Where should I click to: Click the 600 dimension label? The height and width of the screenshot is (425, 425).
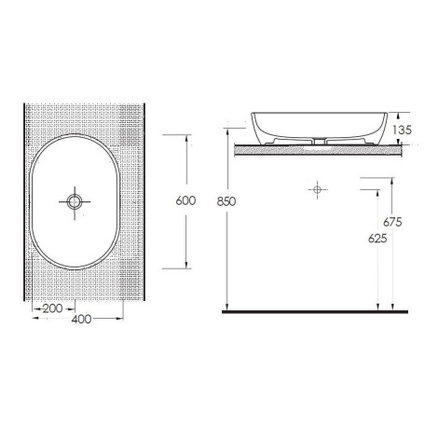click(185, 200)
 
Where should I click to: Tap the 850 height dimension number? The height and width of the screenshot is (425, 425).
click(226, 201)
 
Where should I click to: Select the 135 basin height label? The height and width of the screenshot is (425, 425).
click(402, 130)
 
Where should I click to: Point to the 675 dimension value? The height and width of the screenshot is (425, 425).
click(392, 222)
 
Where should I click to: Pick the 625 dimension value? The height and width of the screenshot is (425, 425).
click(377, 239)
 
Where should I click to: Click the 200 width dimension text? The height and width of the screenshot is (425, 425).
click(53, 308)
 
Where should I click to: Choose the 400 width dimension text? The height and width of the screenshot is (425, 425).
click(81, 319)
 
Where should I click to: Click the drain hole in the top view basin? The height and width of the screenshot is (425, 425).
click(75, 201)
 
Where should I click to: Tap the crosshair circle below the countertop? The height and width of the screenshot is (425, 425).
click(317, 189)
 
